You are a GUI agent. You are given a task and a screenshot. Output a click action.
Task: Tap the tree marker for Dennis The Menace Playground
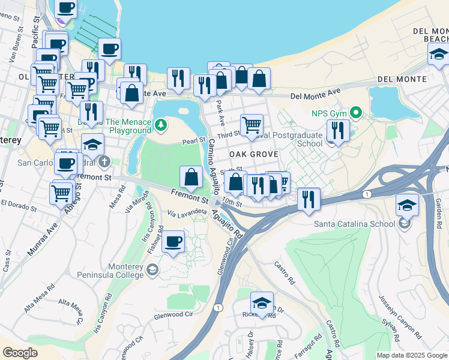pyautogui.click(x=160, y=125)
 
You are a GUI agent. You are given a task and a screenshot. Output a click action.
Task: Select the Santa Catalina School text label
pyautogui.click(x=354, y=224)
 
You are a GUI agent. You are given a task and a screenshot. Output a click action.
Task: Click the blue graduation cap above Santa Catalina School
pyautogui.click(x=408, y=205)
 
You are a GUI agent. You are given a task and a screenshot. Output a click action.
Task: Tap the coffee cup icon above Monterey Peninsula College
pyautogui.click(x=173, y=241)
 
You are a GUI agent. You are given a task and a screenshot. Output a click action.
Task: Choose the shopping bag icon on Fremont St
pyautogui.click(x=191, y=177)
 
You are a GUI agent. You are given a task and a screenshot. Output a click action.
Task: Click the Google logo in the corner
pyautogui.click(x=20, y=353)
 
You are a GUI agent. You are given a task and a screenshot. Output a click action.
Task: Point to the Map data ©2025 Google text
pyautogui.click(x=411, y=355)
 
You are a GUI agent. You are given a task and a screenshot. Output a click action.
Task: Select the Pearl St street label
pyautogui.click(x=194, y=140)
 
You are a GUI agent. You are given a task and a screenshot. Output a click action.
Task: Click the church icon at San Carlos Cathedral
pyautogui.click(x=104, y=162)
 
